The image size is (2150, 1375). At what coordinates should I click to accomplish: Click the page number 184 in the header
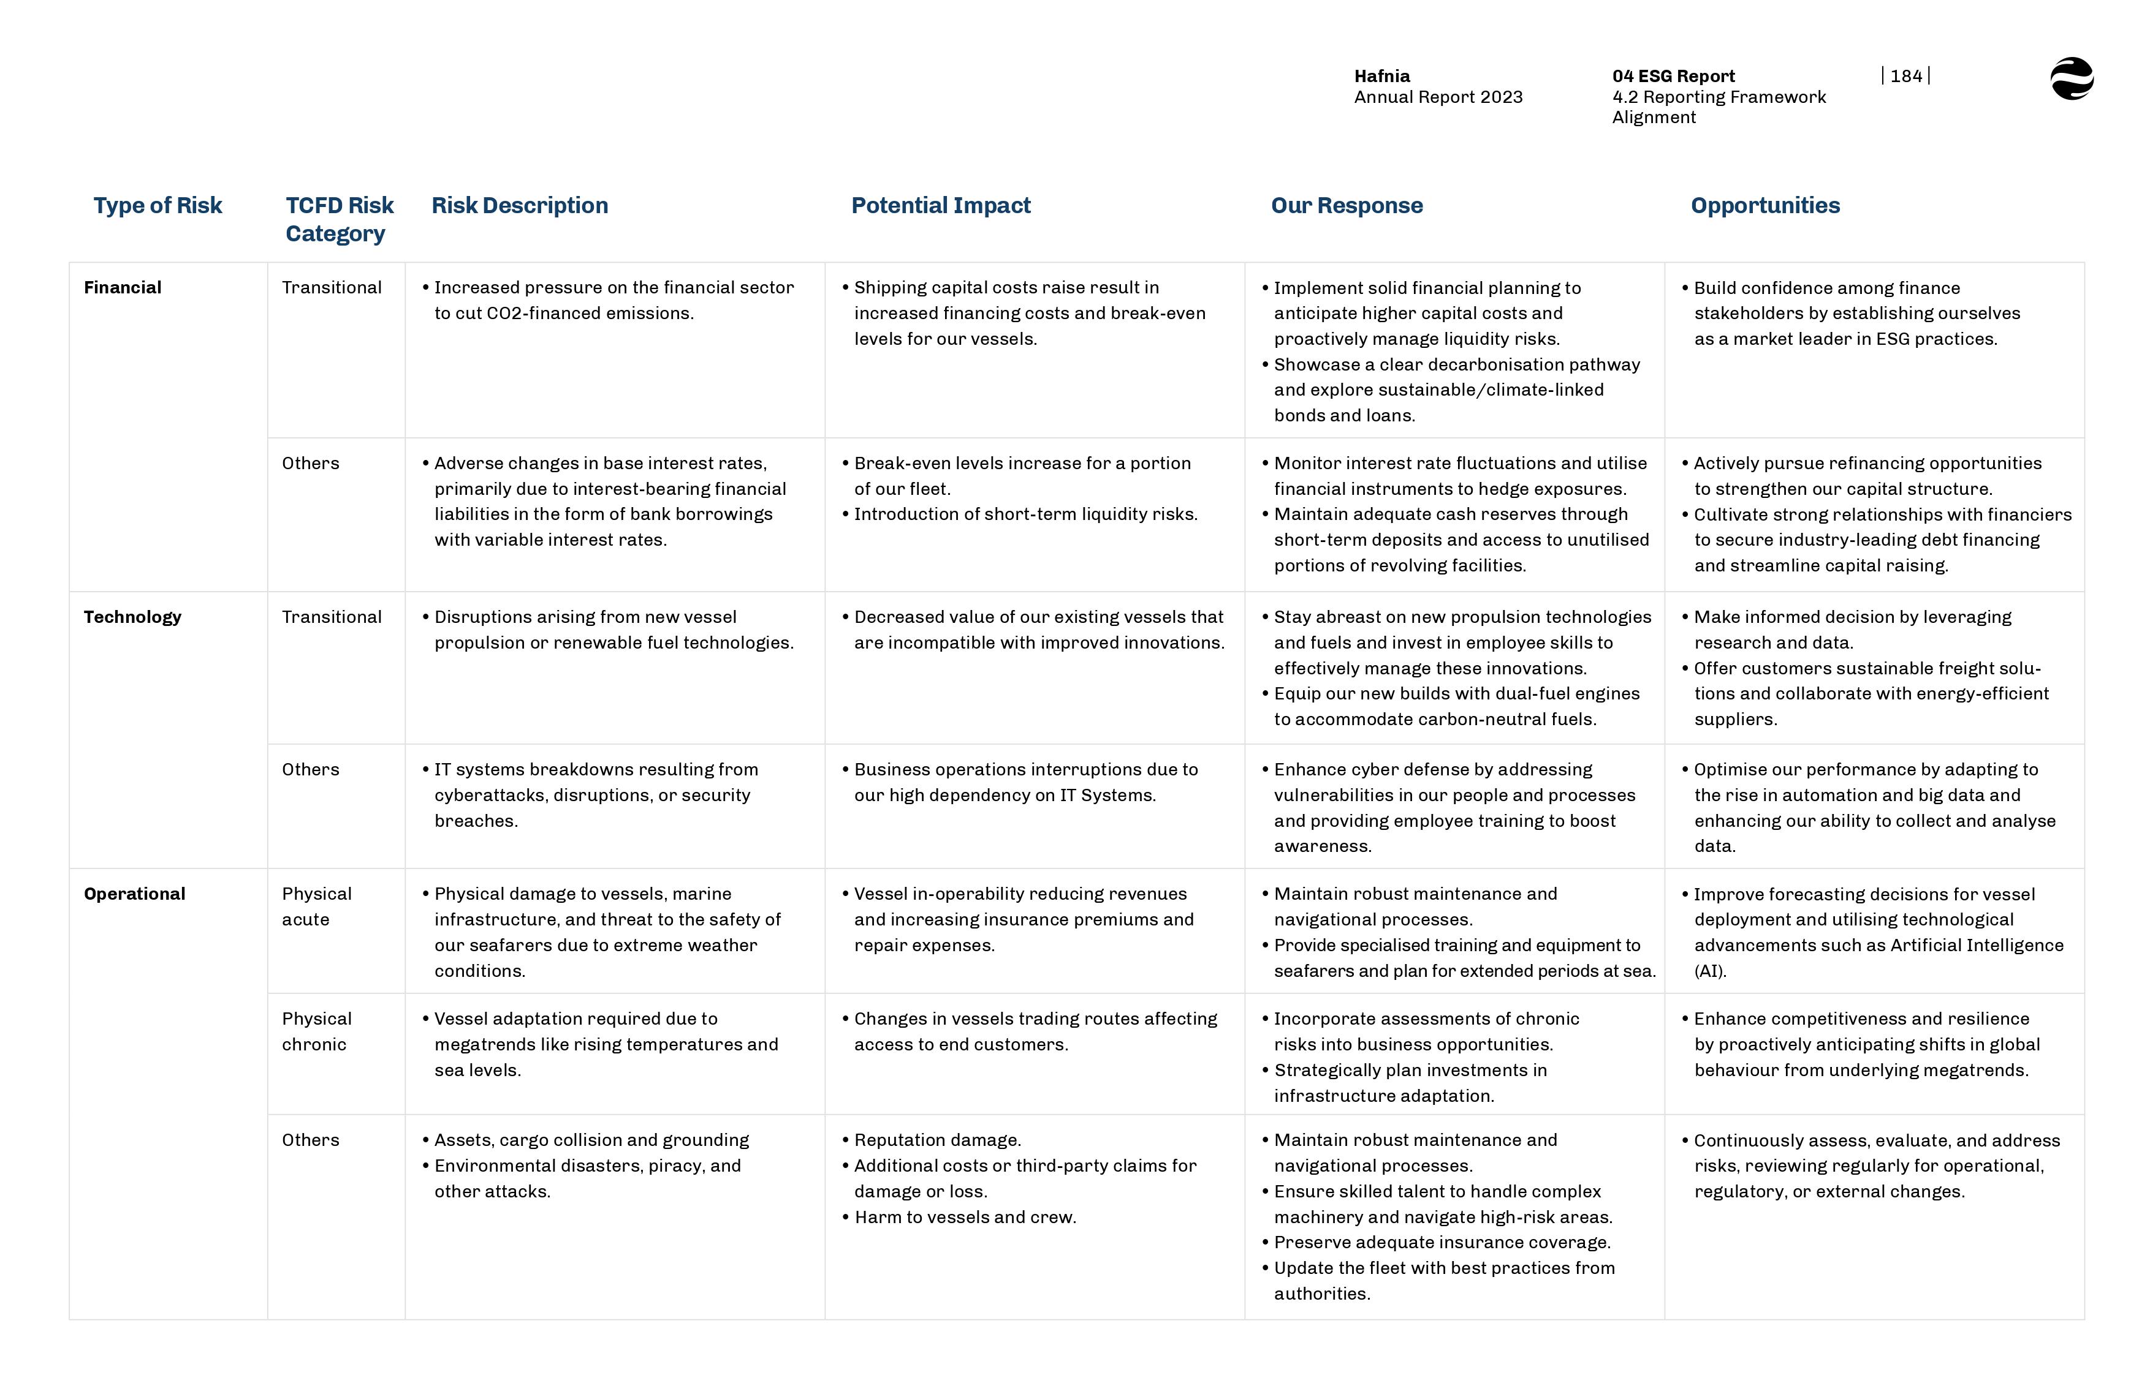pos(1905,77)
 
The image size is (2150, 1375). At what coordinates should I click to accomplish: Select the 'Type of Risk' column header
pos(158,205)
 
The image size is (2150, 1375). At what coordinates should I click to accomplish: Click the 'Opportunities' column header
pos(1765,205)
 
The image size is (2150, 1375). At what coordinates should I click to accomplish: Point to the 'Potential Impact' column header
pos(941,205)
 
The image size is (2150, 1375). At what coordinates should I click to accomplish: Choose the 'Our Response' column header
pos(1346,205)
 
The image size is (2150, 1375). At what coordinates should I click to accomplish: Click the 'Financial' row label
pos(123,287)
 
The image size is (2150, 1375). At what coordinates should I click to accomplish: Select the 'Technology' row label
pos(132,617)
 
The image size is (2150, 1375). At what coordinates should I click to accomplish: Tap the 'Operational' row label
pos(134,894)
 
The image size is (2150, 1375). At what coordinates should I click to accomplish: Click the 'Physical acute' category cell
pos(316,906)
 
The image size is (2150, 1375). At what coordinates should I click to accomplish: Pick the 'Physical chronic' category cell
pos(316,1031)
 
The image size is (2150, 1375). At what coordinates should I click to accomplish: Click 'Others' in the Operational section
pos(310,1140)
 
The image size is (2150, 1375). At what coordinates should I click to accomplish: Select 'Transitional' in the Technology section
pos(332,617)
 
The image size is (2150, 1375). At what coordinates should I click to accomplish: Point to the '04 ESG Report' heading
pos(1673,77)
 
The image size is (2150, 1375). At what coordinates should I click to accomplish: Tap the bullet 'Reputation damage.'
pos(937,1140)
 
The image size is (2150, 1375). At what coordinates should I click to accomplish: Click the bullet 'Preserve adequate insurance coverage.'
pos(1442,1242)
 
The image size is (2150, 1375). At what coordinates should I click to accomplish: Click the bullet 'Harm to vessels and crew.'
pos(965,1217)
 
